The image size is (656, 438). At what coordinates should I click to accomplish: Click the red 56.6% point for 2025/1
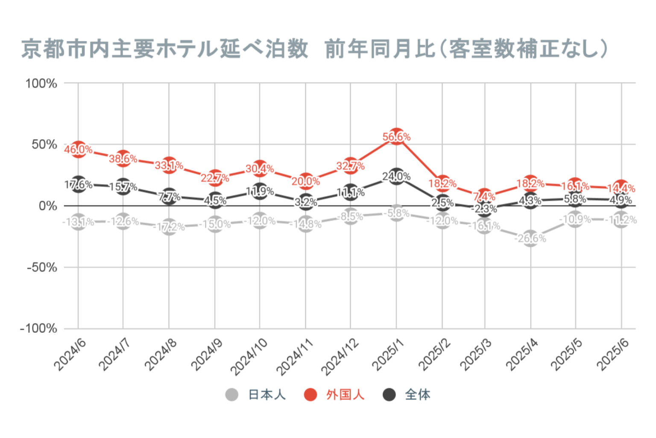click(396, 136)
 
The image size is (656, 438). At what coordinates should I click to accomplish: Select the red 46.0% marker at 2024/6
click(78, 149)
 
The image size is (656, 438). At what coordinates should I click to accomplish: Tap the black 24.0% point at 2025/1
click(396, 176)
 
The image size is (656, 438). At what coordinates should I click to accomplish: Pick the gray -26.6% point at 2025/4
click(530, 238)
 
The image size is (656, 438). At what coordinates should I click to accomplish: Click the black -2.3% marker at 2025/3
click(485, 209)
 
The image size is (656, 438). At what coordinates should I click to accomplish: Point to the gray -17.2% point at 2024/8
click(169, 227)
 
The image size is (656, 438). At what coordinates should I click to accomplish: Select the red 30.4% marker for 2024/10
click(260, 169)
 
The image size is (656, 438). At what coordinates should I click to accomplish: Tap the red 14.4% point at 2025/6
click(621, 188)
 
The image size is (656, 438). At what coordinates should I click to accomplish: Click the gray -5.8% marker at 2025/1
click(396, 213)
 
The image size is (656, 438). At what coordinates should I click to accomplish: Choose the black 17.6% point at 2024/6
click(78, 184)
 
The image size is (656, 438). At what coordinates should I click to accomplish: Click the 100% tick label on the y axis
click(41, 83)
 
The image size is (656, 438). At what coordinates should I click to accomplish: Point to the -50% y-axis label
click(42, 268)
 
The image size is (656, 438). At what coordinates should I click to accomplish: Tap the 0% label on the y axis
click(47, 206)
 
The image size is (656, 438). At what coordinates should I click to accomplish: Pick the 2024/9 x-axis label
click(207, 355)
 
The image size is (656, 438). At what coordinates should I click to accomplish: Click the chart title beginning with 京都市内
click(314, 49)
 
